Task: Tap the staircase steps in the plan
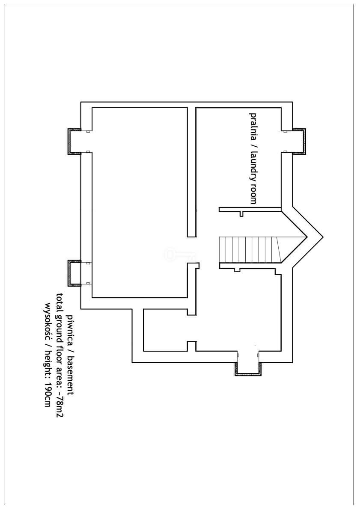[250, 249]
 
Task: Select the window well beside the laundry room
[299, 141]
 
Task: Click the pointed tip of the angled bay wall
[323, 237]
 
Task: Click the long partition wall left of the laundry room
[191, 172]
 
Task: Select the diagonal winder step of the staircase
[279, 249]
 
